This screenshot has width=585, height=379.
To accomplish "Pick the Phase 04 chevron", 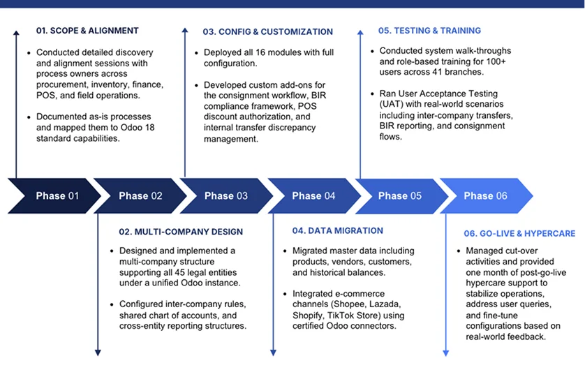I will coord(313,196).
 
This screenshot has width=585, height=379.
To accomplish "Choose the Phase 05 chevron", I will coord(400,196).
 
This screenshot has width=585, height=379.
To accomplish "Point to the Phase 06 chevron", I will coord(486,196).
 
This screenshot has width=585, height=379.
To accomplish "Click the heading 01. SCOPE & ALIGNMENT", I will coord(87,31).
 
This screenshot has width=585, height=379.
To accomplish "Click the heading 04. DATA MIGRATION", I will coord(337,230).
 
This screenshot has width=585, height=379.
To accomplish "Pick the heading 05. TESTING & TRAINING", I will coord(429,31).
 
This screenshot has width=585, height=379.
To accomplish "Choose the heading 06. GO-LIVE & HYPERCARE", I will coord(519,233).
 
